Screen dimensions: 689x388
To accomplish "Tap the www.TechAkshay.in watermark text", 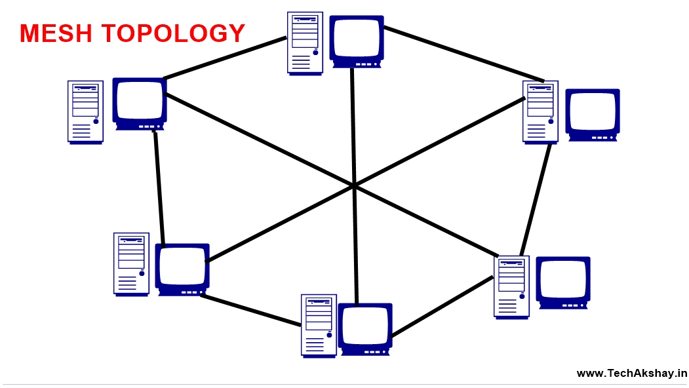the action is (631, 373).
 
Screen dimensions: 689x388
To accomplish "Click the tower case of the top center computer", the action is (305, 43).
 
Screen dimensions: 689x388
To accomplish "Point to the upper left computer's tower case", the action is (85, 111).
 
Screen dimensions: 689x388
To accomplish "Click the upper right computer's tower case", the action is (540, 111).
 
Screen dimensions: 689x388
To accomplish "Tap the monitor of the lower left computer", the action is (182, 269).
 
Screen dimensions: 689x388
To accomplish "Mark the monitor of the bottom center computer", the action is (364, 328).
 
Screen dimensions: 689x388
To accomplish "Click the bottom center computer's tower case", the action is (319, 325).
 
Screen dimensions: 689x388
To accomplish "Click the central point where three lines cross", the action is (354, 186).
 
